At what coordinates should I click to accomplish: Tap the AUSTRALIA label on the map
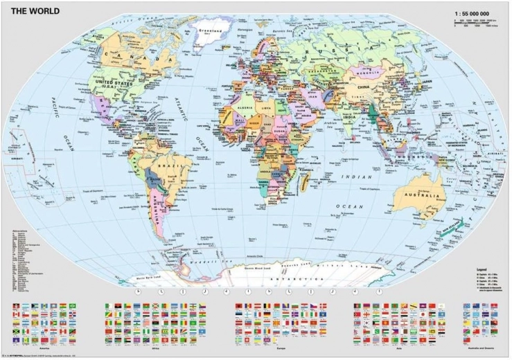419,196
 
